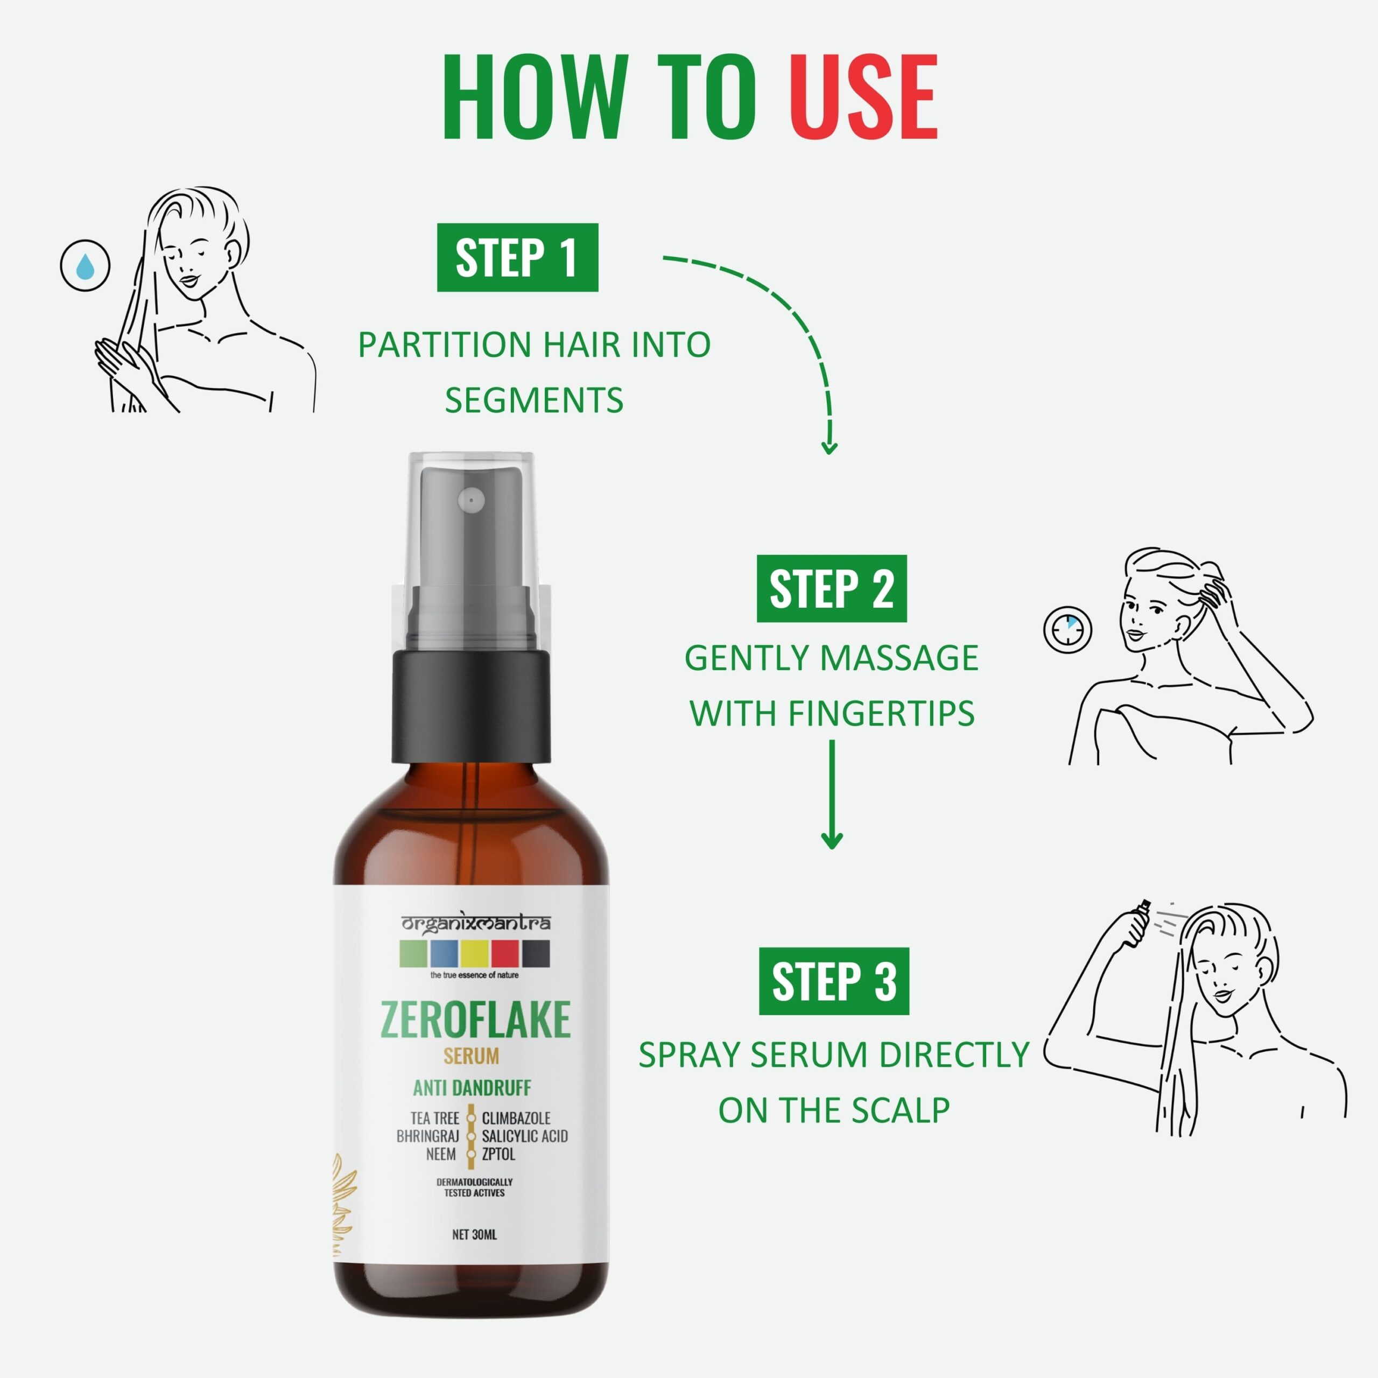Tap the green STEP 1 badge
click(517, 257)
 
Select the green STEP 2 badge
click(832, 588)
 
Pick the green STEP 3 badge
click(834, 981)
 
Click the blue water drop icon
click(86, 266)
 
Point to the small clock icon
click(1068, 630)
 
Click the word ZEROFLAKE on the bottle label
click(476, 1020)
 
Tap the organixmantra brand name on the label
click(476, 923)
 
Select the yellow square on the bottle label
click(474, 954)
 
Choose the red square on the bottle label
click(505, 954)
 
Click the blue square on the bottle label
click(444, 954)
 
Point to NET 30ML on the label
click(474, 1235)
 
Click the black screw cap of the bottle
click(472, 705)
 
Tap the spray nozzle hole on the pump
click(471, 500)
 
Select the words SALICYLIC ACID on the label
click(525, 1136)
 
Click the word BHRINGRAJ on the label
click(428, 1136)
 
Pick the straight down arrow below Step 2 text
click(832, 794)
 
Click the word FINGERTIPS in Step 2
click(882, 713)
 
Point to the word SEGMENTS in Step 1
click(534, 400)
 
